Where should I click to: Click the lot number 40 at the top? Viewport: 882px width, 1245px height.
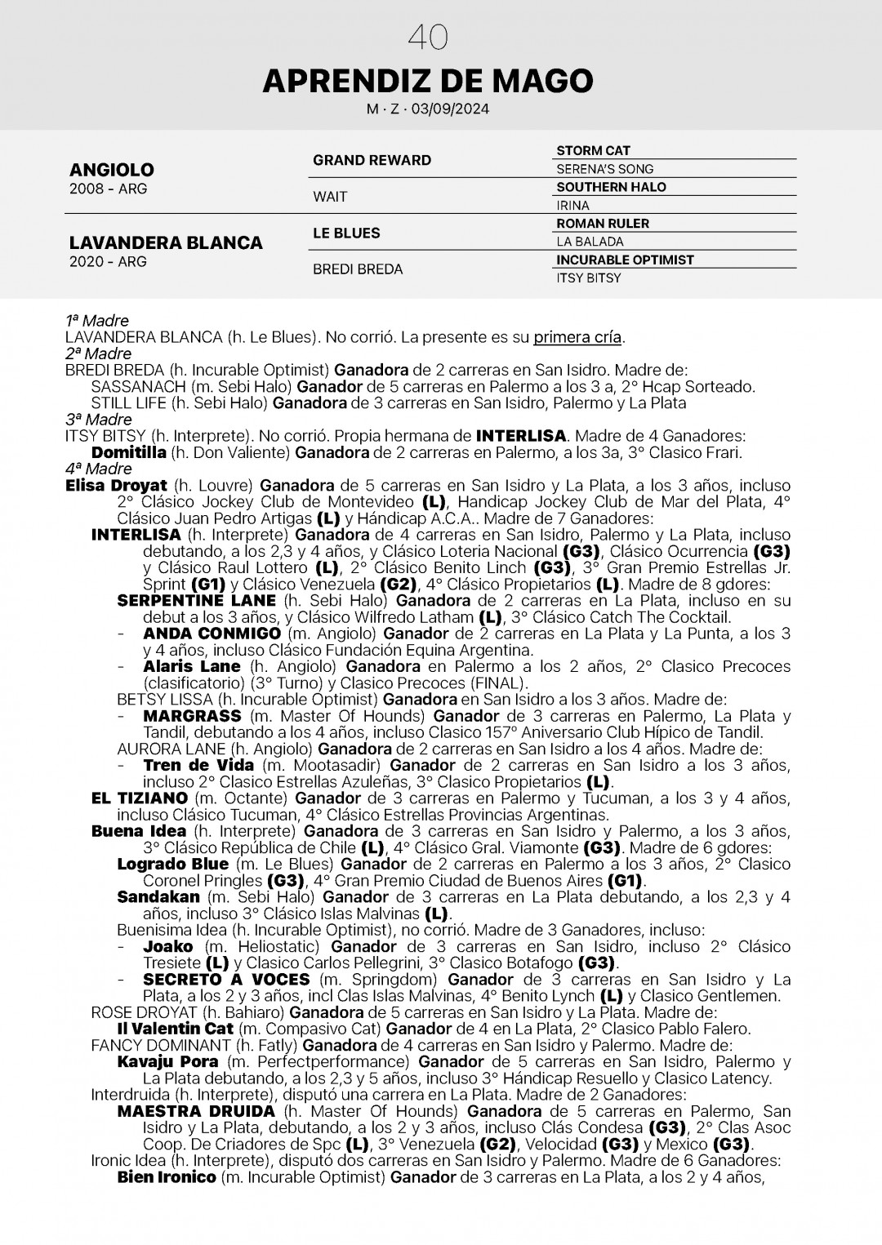tap(428, 38)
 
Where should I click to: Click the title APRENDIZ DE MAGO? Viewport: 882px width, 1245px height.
tap(428, 81)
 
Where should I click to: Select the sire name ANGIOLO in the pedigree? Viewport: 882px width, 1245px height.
tap(112, 170)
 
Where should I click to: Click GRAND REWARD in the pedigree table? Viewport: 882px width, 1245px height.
tap(372, 160)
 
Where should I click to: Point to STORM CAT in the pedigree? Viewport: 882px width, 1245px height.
tap(593, 151)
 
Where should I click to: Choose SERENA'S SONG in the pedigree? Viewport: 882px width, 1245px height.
tap(604, 169)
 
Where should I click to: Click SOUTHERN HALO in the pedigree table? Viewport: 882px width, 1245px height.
tap(611, 187)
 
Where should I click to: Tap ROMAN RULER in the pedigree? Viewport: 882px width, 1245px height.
tap(603, 224)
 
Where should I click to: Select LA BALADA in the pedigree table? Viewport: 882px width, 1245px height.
tap(590, 242)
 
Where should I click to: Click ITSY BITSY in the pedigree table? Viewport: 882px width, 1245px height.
tap(588, 278)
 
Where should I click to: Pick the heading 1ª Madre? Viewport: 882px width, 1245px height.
tap(97, 321)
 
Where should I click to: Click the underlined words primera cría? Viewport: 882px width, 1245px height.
tap(577, 337)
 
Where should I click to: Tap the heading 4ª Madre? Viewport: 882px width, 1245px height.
tap(98, 469)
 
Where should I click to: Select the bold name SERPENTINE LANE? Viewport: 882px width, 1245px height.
tap(197, 601)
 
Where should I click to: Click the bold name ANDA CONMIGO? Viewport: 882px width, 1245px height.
tap(212, 634)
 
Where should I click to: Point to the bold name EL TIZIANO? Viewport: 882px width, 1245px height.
tap(140, 798)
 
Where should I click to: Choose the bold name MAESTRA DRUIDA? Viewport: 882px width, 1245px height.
tap(196, 1111)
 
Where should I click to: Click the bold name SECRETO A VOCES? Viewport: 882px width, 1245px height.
tap(226, 980)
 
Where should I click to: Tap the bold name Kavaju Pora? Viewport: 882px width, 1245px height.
tap(167, 1062)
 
